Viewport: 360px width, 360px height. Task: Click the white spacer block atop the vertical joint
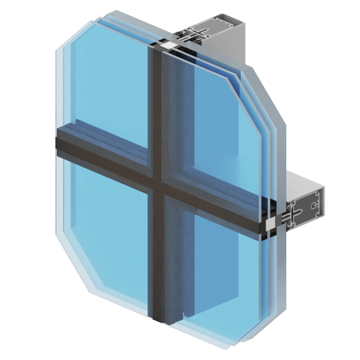[169, 44]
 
